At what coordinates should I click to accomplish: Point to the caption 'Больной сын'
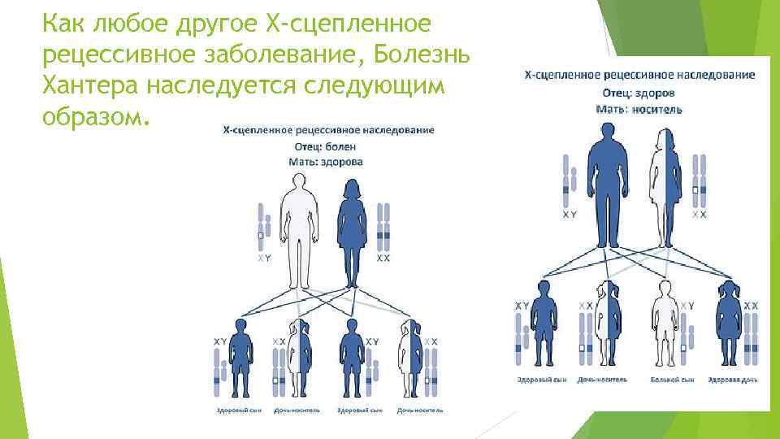coord(671,380)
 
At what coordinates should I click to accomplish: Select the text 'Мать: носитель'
coord(639,108)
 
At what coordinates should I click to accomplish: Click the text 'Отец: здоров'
coord(639,92)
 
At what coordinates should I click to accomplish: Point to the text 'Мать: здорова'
coord(325,162)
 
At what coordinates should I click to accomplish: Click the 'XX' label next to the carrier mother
coord(699,215)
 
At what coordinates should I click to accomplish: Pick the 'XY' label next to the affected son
coord(687,305)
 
